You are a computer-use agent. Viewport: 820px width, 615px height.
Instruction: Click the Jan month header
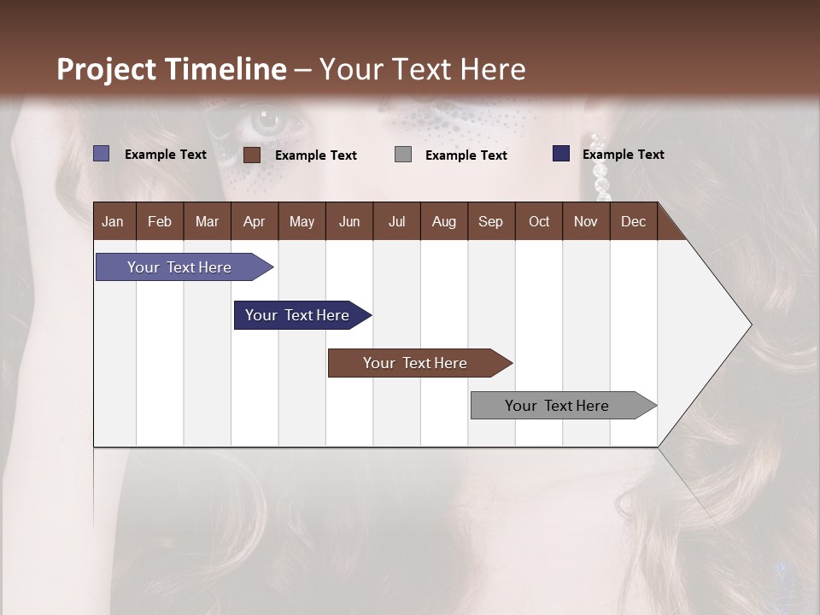click(x=113, y=221)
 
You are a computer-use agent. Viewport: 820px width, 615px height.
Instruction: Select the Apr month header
click(x=254, y=221)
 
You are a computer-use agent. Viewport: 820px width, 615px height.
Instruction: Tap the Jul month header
click(x=396, y=221)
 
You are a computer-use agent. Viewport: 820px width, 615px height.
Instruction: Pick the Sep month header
click(x=490, y=221)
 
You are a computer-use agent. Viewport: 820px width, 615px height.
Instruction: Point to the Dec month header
click(x=633, y=221)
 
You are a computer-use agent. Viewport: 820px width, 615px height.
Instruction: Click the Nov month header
click(x=585, y=221)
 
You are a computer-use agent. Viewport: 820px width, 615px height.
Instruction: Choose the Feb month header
click(x=160, y=221)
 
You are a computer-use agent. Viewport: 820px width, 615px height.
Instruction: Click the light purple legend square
click(x=102, y=154)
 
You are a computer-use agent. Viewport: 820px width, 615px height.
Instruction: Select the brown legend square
click(x=252, y=155)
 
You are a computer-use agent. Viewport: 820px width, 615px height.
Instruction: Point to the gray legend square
click(x=403, y=155)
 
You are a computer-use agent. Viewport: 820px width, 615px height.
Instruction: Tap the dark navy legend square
click(x=561, y=154)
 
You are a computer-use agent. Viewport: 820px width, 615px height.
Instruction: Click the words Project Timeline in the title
click(x=171, y=69)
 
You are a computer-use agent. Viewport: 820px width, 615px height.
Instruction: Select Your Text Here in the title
click(x=423, y=69)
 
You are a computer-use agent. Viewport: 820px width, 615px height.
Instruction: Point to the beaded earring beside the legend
click(x=600, y=167)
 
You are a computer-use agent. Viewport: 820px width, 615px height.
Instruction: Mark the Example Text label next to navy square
click(x=623, y=155)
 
